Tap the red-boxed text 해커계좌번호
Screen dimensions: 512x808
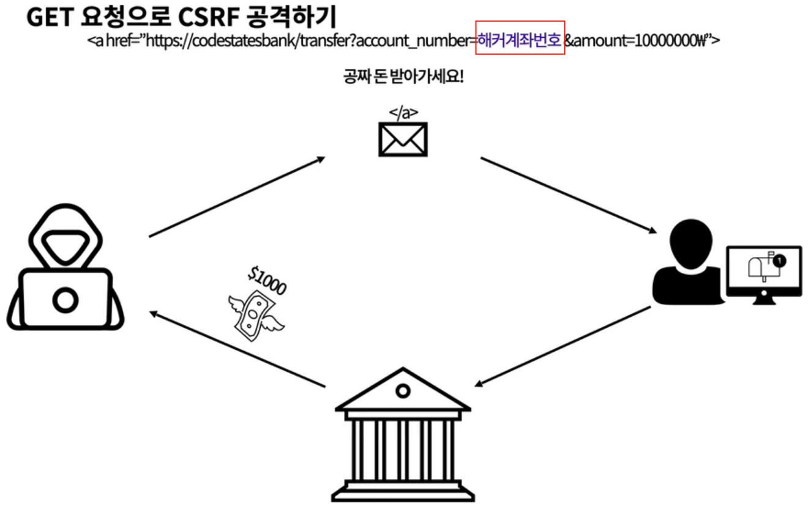tap(520, 41)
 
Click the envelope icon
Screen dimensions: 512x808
tap(403, 139)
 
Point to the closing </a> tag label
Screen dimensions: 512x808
tap(403, 113)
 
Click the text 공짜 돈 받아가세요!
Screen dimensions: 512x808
tap(403, 78)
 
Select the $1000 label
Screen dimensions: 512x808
tap(267, 281)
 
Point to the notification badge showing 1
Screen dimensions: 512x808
tap(779, 261)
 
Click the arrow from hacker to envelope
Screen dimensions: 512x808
tap(237, 196)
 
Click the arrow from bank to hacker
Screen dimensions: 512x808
tap(237, 349)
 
